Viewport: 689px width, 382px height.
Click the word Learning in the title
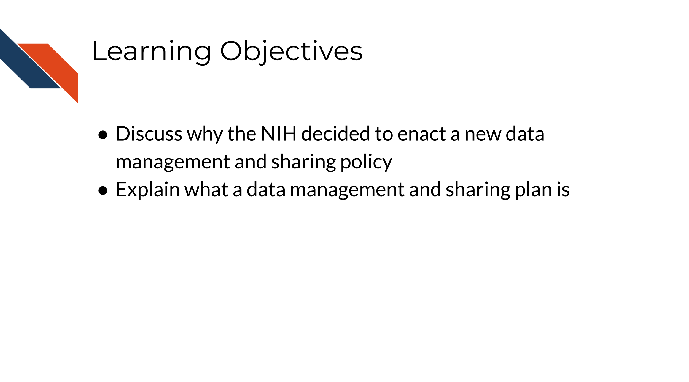point(151,51)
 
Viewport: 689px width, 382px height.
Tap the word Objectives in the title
point(291,51)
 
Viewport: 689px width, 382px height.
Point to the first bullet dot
point(103,135)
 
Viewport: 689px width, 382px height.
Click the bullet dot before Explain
point(103,190)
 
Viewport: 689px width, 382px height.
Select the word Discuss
point(149,134)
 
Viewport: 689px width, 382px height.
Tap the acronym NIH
point(278,134)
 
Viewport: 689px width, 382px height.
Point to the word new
point(483,135)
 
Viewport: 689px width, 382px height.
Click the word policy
point(366,162)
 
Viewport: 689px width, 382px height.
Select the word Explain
point(148,190)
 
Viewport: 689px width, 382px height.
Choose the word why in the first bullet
point(205,135)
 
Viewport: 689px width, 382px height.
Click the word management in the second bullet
point(347,190)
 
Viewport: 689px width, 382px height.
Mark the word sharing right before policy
point(303,162)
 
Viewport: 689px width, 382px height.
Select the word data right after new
point(525,134)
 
